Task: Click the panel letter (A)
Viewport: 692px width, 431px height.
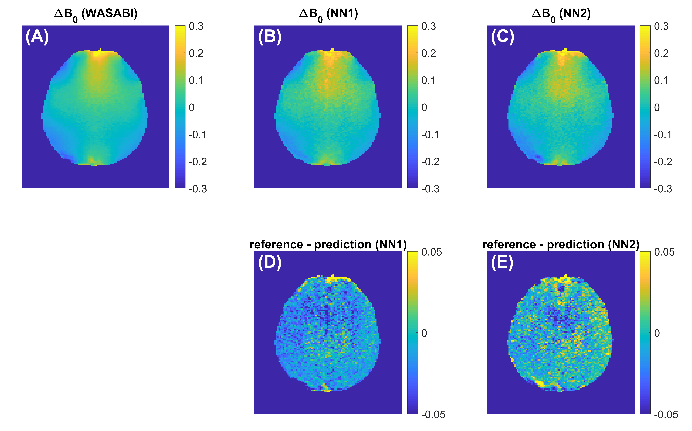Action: pyautogui.click(x=37, y=37)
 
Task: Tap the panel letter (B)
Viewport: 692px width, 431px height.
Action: pyautogui.click(x=270, y=37)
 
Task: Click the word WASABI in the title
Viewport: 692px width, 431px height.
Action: pyautogui.click(x=109, y=13)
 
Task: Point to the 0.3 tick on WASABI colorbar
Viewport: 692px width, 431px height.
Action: pyautogui.click(x=196, y=27)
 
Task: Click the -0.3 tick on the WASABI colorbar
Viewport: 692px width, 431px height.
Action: pyautogui.click(x=198, y=189)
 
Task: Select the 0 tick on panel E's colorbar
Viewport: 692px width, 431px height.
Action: pyautogui.click(x=657, y=333)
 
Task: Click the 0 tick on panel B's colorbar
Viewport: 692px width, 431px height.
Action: pyautogui.click(x=424, y=108)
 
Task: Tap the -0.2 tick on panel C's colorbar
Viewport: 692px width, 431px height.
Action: pyautogui.click(x=663, y=162)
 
